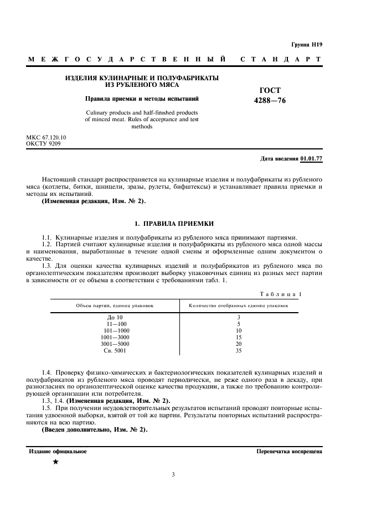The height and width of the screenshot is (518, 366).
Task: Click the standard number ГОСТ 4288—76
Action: [270, 95]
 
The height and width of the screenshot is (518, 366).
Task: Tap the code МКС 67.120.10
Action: [47, 137]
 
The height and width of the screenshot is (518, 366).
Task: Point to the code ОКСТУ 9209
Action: [44, 143]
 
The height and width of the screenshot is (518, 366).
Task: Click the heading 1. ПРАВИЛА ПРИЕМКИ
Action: [174, 223]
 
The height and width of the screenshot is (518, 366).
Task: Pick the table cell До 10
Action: [115, 317]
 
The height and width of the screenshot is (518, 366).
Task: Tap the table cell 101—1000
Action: [115, 330]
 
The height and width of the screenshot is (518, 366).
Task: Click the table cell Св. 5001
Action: [115, 350]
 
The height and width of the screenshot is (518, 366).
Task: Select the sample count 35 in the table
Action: [238, 350]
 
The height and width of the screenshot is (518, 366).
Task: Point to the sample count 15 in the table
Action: [238, 337]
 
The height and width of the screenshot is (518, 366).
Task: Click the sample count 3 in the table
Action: [238, 317]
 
